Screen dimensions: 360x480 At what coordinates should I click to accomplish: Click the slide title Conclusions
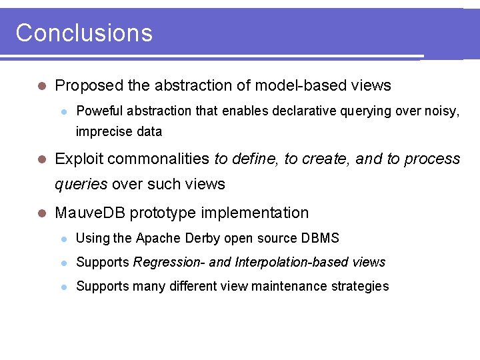[x=84, y=33]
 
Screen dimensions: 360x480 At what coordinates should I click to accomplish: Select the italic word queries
[x=81, y=184]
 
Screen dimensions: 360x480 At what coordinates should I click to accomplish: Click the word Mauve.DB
[x=90, y=213]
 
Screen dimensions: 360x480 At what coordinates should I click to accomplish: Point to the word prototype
[x=161, y=213]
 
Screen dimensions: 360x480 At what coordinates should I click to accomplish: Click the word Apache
[x=157, y=238]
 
